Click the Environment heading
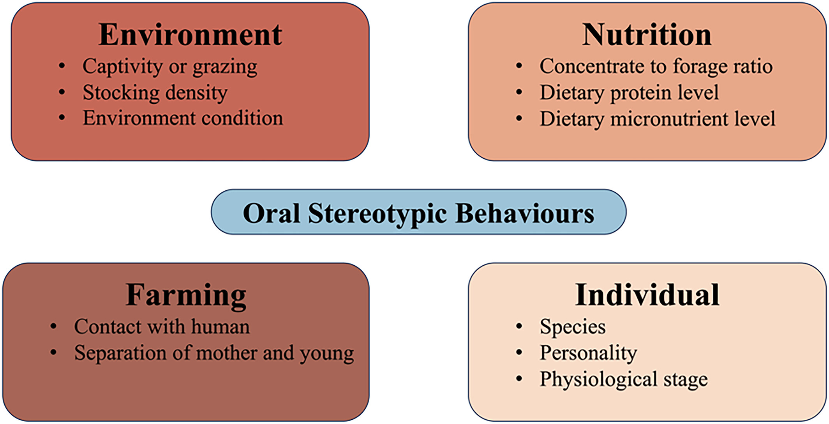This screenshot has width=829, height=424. pyautogui.click(x=190, y=35)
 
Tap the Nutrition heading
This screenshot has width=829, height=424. pyautogui.click(x=647, y=35)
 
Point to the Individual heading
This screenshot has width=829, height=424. pyautogui.click(x=647, y=295)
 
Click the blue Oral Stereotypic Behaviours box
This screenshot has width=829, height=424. pyautogui.click(x=418, y=212)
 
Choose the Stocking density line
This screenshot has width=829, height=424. pyautogui.click(x=155, y=93)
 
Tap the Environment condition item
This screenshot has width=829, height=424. pyautogui.click(x=183, y=118)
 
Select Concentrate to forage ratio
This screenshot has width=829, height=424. pyautogui.click(x=656, y=67)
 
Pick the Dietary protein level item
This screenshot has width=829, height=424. pyautogui.click(x=629, y=93)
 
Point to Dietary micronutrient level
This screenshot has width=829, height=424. pyautogui.click(x=658, y=119)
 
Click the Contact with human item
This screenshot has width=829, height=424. pyautogui.click(x=162, y=326)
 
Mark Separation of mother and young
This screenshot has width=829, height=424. pyautogui.click(x=214, y=353)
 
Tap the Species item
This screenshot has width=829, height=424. pyautogui.click(x=573, y=327)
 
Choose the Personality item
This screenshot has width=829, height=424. pyautogui.click(x=588, y=353)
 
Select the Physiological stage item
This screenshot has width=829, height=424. pyautogui.click(x=624, y=380)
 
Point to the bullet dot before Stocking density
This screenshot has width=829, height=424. pyautogui.click(x=62, y=92)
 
